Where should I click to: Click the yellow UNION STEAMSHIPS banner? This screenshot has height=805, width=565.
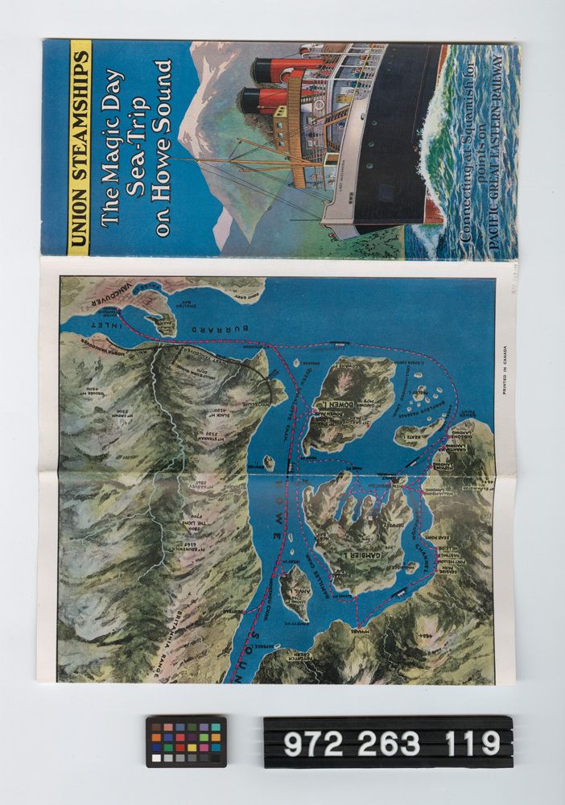click(79, 147)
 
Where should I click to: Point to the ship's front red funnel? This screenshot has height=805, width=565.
click(274, 69)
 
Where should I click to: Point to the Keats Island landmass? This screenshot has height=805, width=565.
click(417, 434)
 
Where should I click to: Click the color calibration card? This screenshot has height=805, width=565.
click(186, 741)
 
